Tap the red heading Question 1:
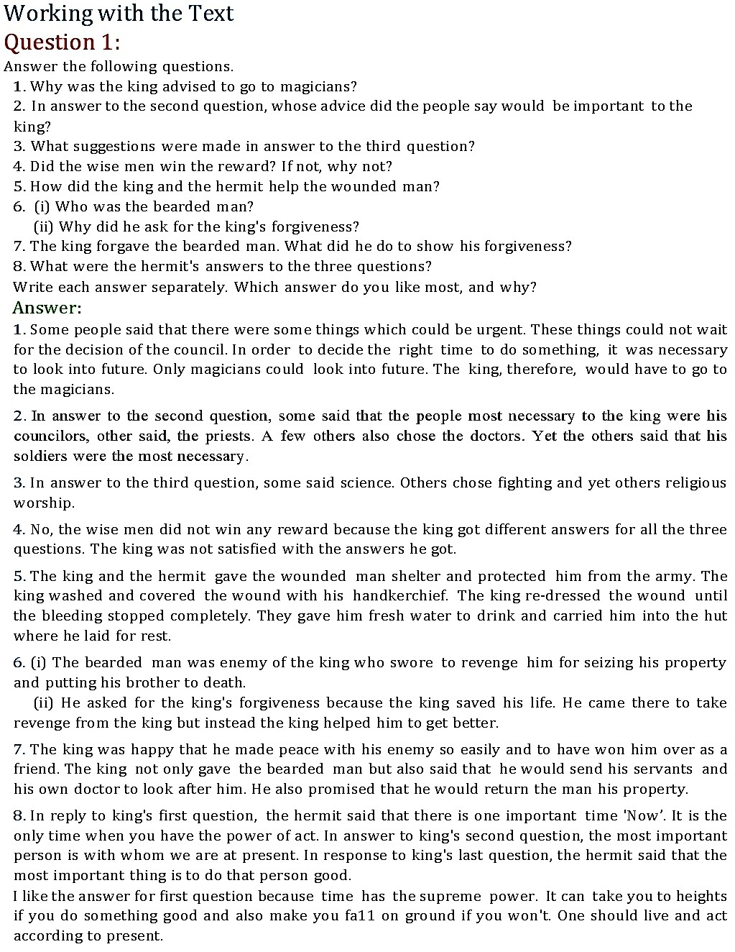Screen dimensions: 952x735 tap(62, 42)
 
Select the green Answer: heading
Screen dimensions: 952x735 tap(47, 308)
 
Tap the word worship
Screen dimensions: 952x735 tap(42, 503)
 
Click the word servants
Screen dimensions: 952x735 tap(660, 769)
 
